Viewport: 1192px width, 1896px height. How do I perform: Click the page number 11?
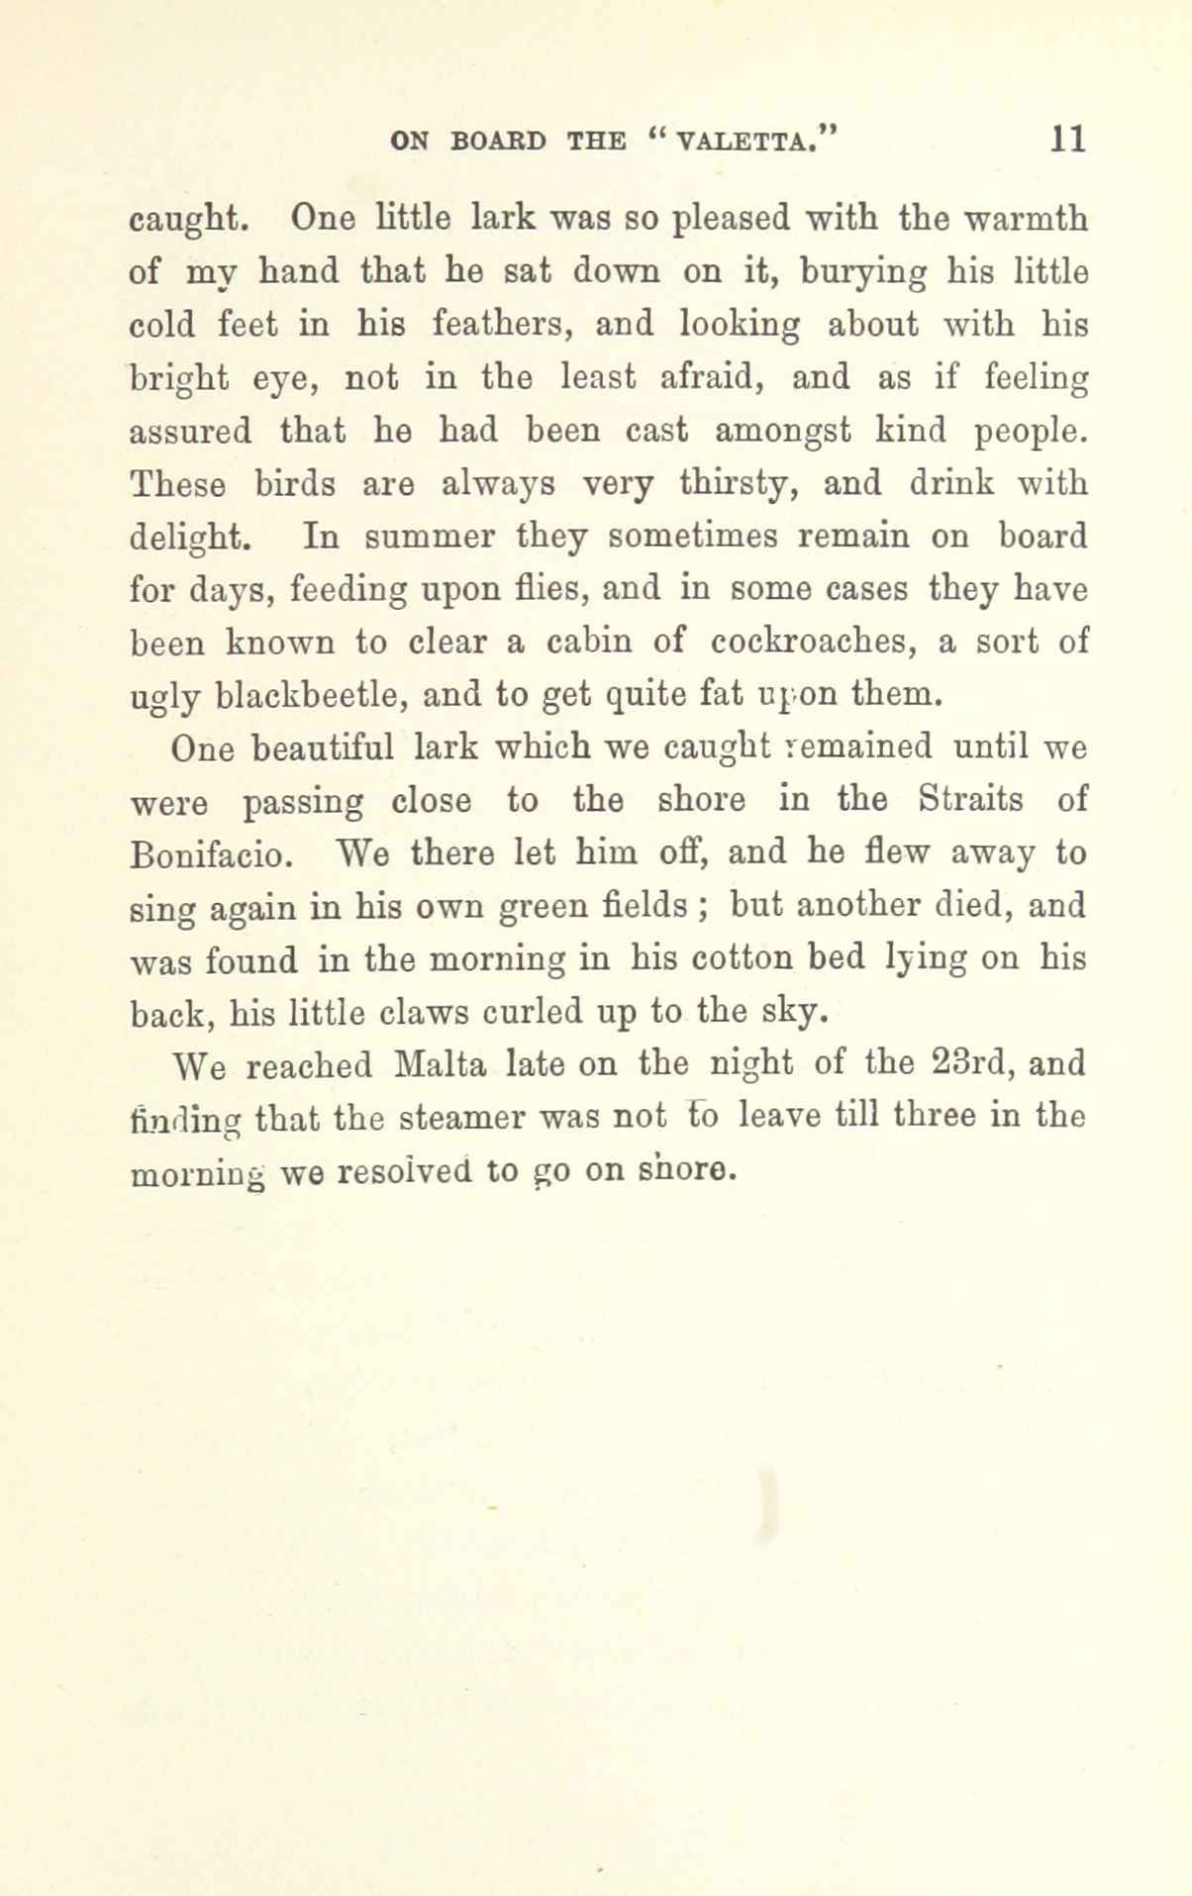pos(1068,139)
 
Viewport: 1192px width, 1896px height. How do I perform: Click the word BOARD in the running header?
pos(497,141)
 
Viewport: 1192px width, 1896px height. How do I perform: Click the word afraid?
pos(706,377)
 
